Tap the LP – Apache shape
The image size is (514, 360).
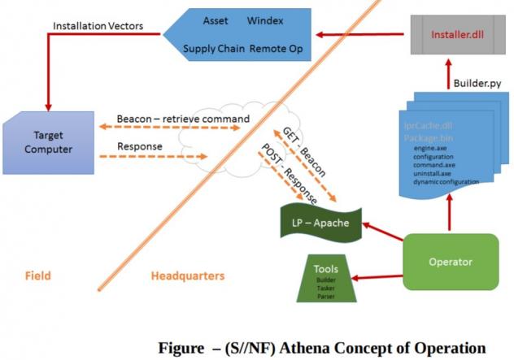tap(320, 222)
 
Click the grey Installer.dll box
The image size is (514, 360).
tap(452, 36)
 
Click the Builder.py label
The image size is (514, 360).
tap(473, 85)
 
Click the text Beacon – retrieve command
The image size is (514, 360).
tap(183, 119)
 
